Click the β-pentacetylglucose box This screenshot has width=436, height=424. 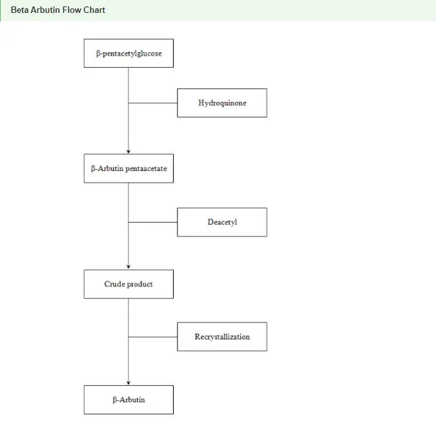pyautogui.click(x=129, y=54)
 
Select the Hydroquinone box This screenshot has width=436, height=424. pyautogui.click(x=222, y=103)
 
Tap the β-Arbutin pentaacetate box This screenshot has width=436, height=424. pyautogui.click(x=129, y=168)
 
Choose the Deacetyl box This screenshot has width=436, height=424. pyautogui.click(x=222, y=222)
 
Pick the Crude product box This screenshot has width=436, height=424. pyautogui.click(x=129, y=284)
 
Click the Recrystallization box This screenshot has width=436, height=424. pyautogui.click(x=222, y=336)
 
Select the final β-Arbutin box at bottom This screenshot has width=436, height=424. pyautogui.click(x=129, y=399)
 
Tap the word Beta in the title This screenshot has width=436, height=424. pyautogui.click(x=20, y=10)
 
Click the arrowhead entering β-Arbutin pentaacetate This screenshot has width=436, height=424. pyautogui.click(x=129, y=152)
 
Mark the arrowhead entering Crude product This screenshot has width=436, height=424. pyautogui.click(x=129, y=267)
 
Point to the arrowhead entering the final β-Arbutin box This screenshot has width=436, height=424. pyautogui.click(x=129, y=383)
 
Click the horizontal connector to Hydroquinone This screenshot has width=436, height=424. pyautogui.click(x=153, y=103)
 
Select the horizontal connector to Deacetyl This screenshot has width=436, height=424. pyautogui.click(x=153, y=222)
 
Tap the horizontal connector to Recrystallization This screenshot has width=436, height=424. pyautogui.click(x=153, y=337)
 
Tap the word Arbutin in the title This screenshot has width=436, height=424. pyautogui.click(x=46, y=10)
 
